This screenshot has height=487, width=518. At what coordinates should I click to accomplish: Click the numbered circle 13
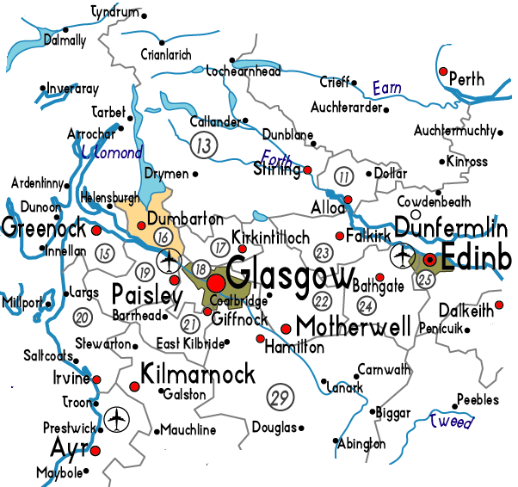click(x=204, y=145)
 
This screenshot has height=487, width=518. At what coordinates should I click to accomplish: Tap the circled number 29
click(x=278, y=398)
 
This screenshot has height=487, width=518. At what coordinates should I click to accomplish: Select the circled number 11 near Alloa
click(x=345, y=178)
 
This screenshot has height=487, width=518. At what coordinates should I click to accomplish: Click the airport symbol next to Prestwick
click(x=116, y=420)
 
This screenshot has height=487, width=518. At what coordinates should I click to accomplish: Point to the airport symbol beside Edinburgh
click(x=401, y=256)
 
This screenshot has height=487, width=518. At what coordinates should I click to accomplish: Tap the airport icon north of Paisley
click(x=170, y=258)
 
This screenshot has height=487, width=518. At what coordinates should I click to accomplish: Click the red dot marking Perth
click(x=443, y=71)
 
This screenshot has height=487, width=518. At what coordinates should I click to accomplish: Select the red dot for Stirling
click(x=307, y=170)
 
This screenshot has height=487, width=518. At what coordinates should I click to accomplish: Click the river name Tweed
click(x=452, y=422)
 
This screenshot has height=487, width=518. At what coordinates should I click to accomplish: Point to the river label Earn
click(x=386, y=88)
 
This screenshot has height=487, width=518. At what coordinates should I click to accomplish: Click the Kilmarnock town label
click(x=198, y=374)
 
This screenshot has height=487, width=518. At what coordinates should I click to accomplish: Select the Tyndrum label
click(x=115, y=12)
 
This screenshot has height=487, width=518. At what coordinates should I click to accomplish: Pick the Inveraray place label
click(x=73, y=88)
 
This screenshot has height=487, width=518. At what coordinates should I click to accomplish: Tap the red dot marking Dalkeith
click(x=499, y=305)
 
